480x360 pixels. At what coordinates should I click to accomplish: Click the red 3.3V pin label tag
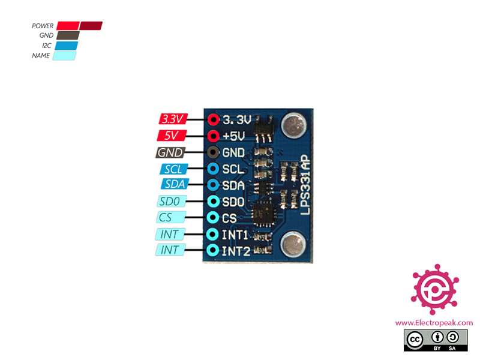click(173, 119)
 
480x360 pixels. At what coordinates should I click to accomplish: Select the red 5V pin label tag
click(172, 136)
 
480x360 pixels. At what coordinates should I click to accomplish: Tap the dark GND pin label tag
click(171, 152)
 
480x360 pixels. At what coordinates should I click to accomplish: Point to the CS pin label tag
click(170, 217)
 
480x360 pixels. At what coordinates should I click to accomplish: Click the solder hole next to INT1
click(212, 233)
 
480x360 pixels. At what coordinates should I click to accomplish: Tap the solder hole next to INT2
click(212, 250)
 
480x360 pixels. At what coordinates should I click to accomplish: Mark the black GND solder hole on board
click(212, 152)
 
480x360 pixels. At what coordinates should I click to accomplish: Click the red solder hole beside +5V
click(212, 136)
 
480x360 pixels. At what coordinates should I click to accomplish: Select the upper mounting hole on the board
click(293, 127)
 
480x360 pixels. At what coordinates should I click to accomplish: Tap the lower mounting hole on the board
click(293, 244)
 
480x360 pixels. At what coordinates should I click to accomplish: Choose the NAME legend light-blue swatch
click(65, 56)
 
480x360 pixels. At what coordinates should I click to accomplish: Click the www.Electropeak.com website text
click(434, 323)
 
